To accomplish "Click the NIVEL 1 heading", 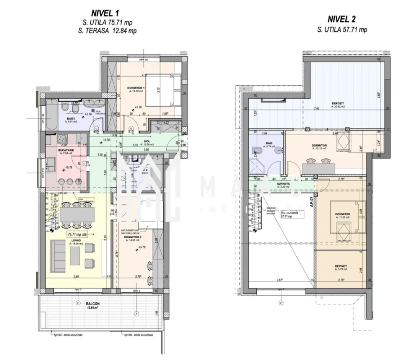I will [107, 13].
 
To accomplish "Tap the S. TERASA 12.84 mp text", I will [107, 31].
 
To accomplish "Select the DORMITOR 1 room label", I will [136, 88].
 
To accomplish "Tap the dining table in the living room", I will [76, 216].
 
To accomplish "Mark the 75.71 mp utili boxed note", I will [79, 234].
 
